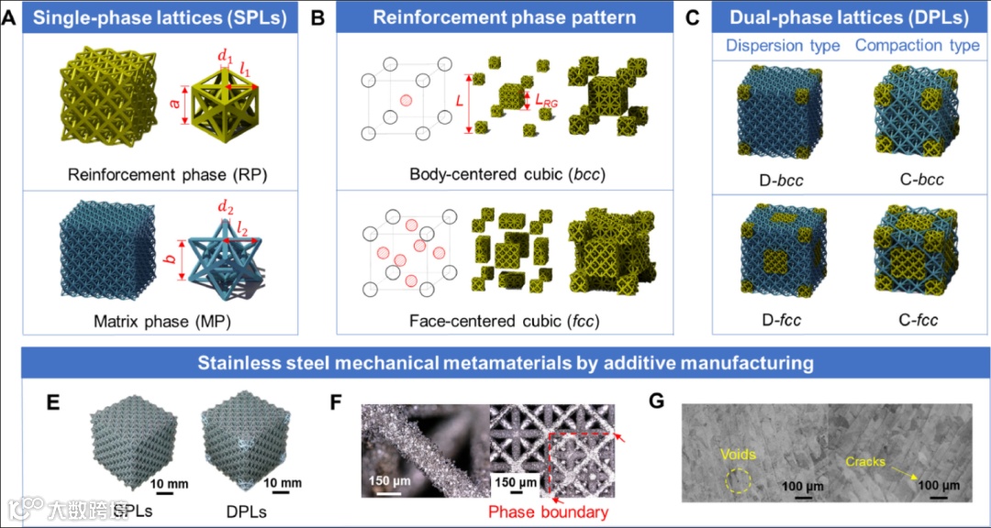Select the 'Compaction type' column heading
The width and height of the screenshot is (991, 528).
918,46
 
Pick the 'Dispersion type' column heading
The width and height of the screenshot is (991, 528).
783,46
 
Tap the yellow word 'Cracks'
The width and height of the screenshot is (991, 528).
865,461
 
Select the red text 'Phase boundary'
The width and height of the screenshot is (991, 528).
548,511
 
